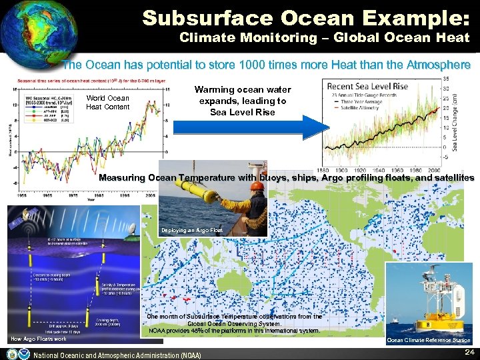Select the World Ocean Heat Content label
coord(107,103)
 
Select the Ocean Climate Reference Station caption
coord(429,340)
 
